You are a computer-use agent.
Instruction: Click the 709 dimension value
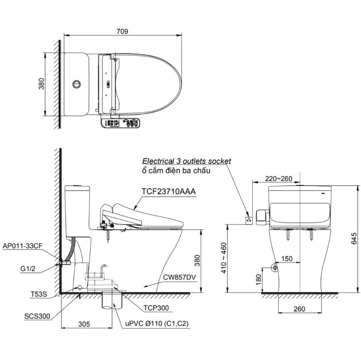coord(122,31)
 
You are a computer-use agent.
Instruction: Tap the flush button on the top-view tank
coord(77,84)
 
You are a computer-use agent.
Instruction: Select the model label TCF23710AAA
coord(168,191)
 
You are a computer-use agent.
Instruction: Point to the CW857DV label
coord(179,277)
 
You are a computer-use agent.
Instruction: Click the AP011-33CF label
coord(23,246)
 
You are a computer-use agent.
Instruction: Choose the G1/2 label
coord(28,268)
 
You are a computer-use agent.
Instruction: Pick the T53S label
coord(39,294)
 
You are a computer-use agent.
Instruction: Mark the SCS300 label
coord(37,316)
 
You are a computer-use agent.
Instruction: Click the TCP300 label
coord(156,308)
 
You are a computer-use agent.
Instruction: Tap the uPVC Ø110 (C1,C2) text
coord(157,323)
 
